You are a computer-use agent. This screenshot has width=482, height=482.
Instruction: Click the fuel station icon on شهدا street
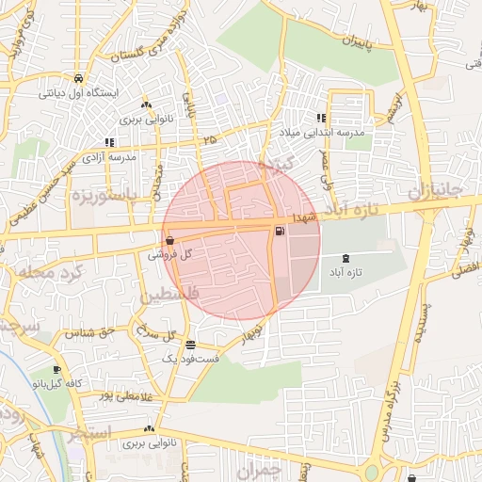tap(280, 231)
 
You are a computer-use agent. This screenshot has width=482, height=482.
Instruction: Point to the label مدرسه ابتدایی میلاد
tap(328, 135)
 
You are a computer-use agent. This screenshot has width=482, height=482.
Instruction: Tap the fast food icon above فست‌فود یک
tap(191, 345)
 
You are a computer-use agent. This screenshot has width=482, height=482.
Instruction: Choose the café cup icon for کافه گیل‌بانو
tap(58, 369)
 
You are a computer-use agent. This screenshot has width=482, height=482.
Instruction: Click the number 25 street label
tap(209, 140)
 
